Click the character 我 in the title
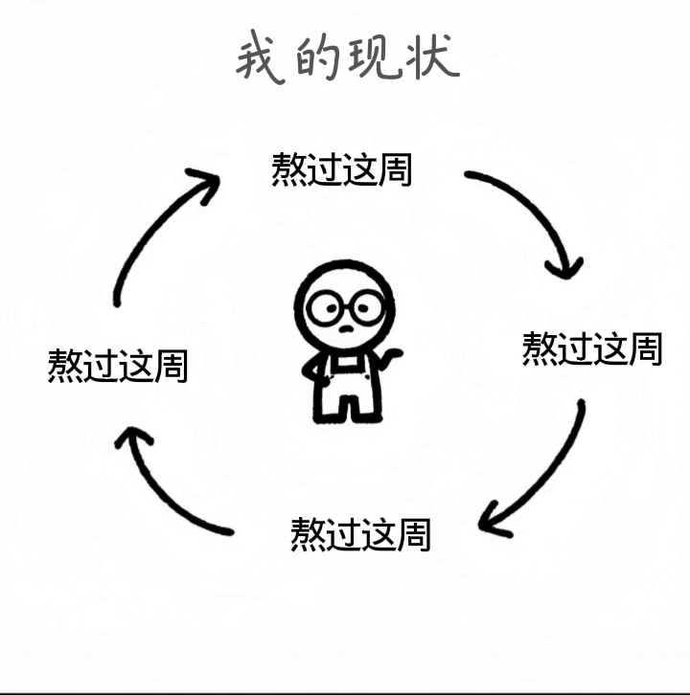[x=262, y=59]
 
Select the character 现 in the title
[x=379, y=59]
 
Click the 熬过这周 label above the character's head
[x=342, y=168]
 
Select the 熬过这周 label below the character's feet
[x=361, y=532]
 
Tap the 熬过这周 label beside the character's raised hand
[x=591, y=348]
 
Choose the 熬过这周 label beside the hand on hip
[x=118, y=366]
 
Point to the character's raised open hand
[x=390, y=357]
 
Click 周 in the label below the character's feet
[x=415, y=532]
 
